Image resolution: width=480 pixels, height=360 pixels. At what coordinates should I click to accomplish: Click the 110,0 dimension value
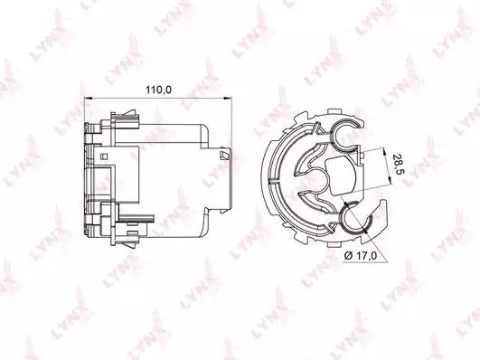tap(158, 90)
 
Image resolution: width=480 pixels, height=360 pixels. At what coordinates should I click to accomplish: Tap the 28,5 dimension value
tap(398, 164)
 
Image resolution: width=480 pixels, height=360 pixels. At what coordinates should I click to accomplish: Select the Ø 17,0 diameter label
tap(361, 255)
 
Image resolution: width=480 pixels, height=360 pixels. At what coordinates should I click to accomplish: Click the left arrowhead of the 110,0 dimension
tap(88, 99)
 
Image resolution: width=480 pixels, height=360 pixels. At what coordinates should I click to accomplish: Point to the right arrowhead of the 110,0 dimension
tap(228, 99)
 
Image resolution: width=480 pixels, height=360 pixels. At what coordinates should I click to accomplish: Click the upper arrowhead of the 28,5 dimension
tap(385, 151)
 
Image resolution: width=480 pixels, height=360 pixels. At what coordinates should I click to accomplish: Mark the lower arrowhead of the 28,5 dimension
tap(390, 180)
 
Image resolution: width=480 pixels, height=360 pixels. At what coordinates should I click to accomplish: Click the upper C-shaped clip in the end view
tap(346, 134)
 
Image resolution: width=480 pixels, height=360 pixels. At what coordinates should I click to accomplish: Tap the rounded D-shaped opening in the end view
tap(341, 176)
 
